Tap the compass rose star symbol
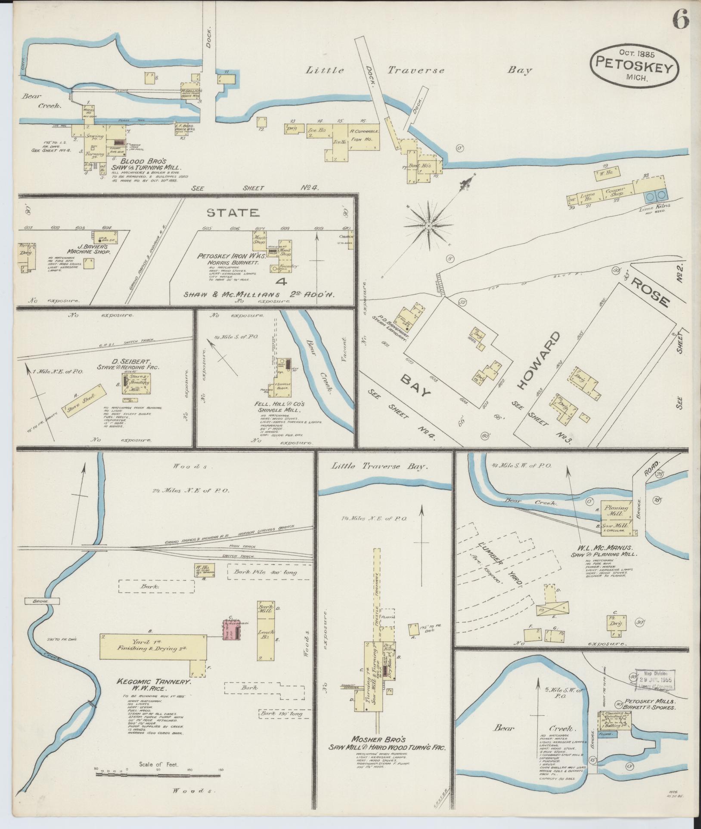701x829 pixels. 429,225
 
